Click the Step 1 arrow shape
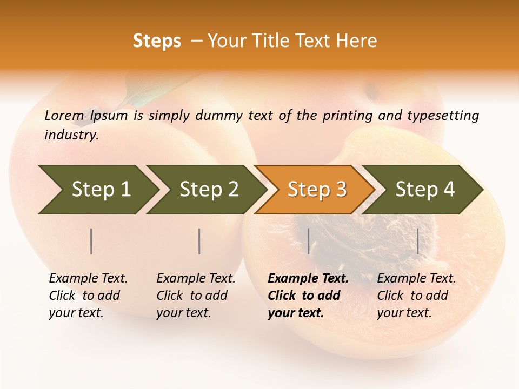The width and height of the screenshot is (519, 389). coord(97,190)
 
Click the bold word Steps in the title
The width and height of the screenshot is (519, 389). coord(157,41)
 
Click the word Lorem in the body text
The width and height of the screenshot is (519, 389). coord(64,115)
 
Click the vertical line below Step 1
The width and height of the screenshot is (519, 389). coord(91,241)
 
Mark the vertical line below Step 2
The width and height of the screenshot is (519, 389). coord(199,241)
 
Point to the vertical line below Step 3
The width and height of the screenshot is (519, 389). coord(308,241)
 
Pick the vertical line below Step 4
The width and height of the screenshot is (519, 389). coord(417,241)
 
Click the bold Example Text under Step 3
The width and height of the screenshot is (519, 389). coord(308,279)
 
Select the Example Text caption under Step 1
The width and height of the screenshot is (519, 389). coord(88,279)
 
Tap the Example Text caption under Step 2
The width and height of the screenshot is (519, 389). coord(196,279)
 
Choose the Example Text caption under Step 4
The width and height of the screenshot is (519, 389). coord(416,279)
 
